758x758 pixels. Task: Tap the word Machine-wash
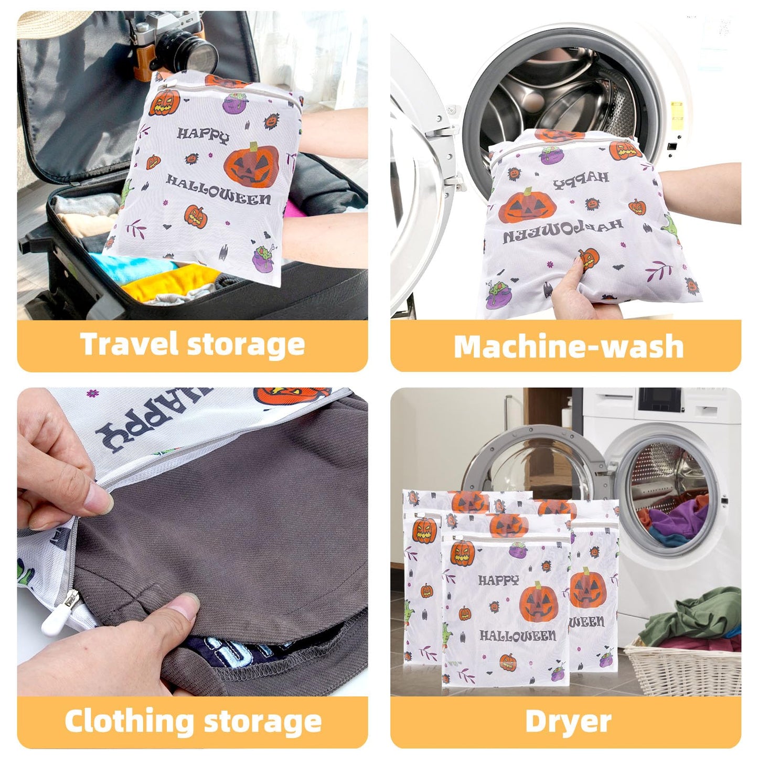coord(568,347)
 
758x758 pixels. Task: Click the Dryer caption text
coord(568,722)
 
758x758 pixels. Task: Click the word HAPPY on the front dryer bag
coord(499,580)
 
